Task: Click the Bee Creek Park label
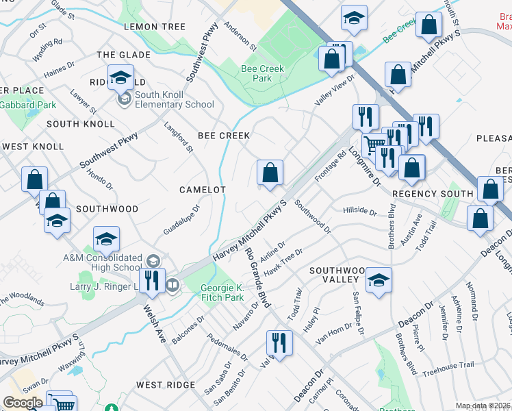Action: click(x=257, y=74)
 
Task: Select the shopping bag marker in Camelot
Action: click(x=270, y=173)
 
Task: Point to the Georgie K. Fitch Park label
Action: click(x=222, y=292)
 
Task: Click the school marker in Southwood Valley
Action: click(x=379, y=279)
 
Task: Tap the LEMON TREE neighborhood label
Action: click(x=155, y=27)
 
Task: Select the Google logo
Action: click(x=23, y=402)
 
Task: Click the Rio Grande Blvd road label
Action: click(x=259, y=277)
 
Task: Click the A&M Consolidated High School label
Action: click(x=102, y=262)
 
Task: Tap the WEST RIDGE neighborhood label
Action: click(x=166, y=385)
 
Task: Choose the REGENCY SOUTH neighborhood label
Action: click(x=433, y=194)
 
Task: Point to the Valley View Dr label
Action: click(x=335, y=89)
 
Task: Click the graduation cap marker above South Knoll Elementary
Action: click(x=120, y=77)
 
